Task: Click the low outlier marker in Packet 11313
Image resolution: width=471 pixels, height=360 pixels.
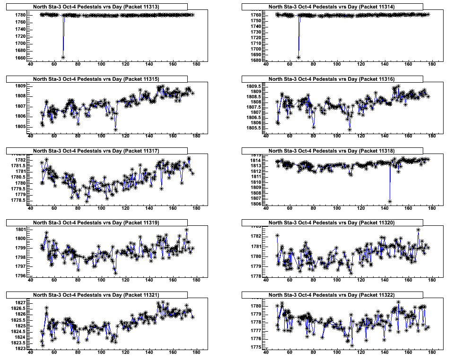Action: tap(63, 57)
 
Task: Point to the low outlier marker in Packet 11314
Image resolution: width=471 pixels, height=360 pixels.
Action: tap(298, 57)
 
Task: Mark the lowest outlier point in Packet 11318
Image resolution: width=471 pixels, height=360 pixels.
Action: tap(390, 202)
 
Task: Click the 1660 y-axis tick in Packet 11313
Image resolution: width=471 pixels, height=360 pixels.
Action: tap(19, 58)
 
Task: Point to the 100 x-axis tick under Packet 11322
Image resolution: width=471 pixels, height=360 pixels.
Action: tap(337, 352)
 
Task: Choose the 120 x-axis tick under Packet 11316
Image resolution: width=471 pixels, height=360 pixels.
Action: tap(361, 137)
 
